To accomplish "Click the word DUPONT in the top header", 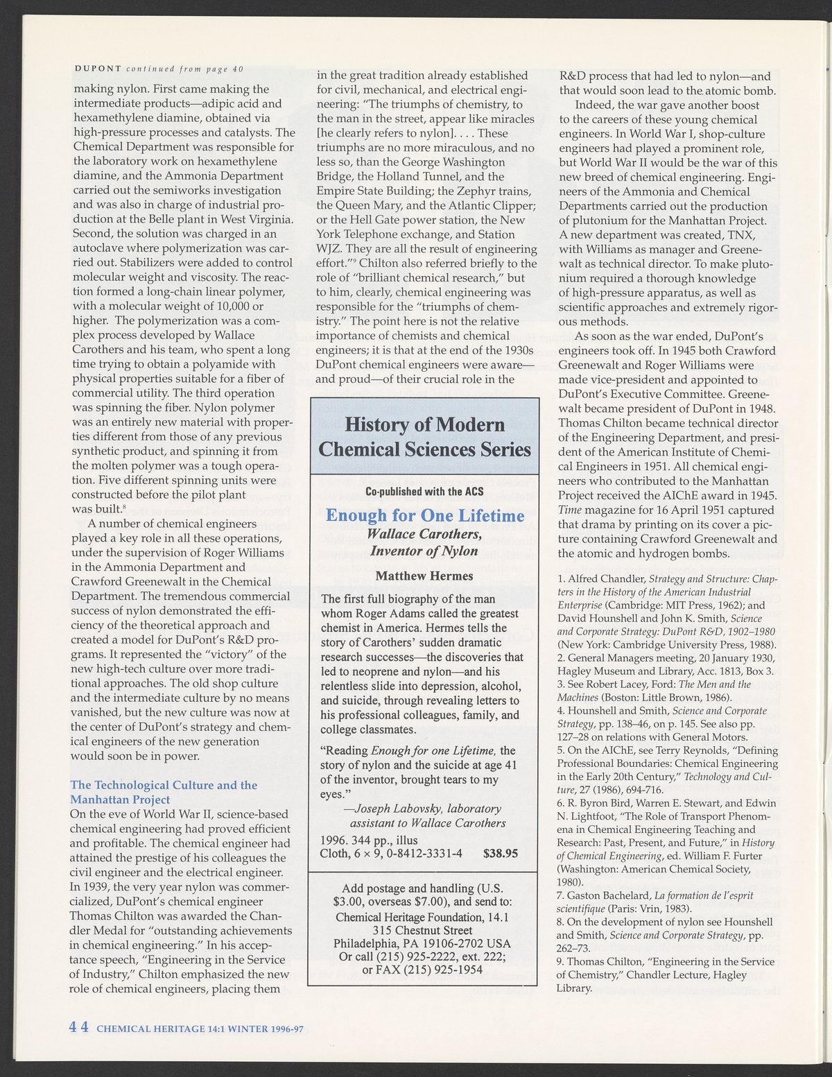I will coord(97,68).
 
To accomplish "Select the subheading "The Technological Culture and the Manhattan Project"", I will coord(164,791).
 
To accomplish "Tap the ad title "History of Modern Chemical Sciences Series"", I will coord(424,436).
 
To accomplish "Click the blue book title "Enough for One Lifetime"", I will coord(424,516).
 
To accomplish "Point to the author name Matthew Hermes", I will coord(424,576).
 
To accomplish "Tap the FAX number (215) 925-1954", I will coord(444,969).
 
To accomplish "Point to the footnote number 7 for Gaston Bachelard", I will coord(560,895).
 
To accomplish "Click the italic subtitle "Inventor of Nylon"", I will coord(424,551).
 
